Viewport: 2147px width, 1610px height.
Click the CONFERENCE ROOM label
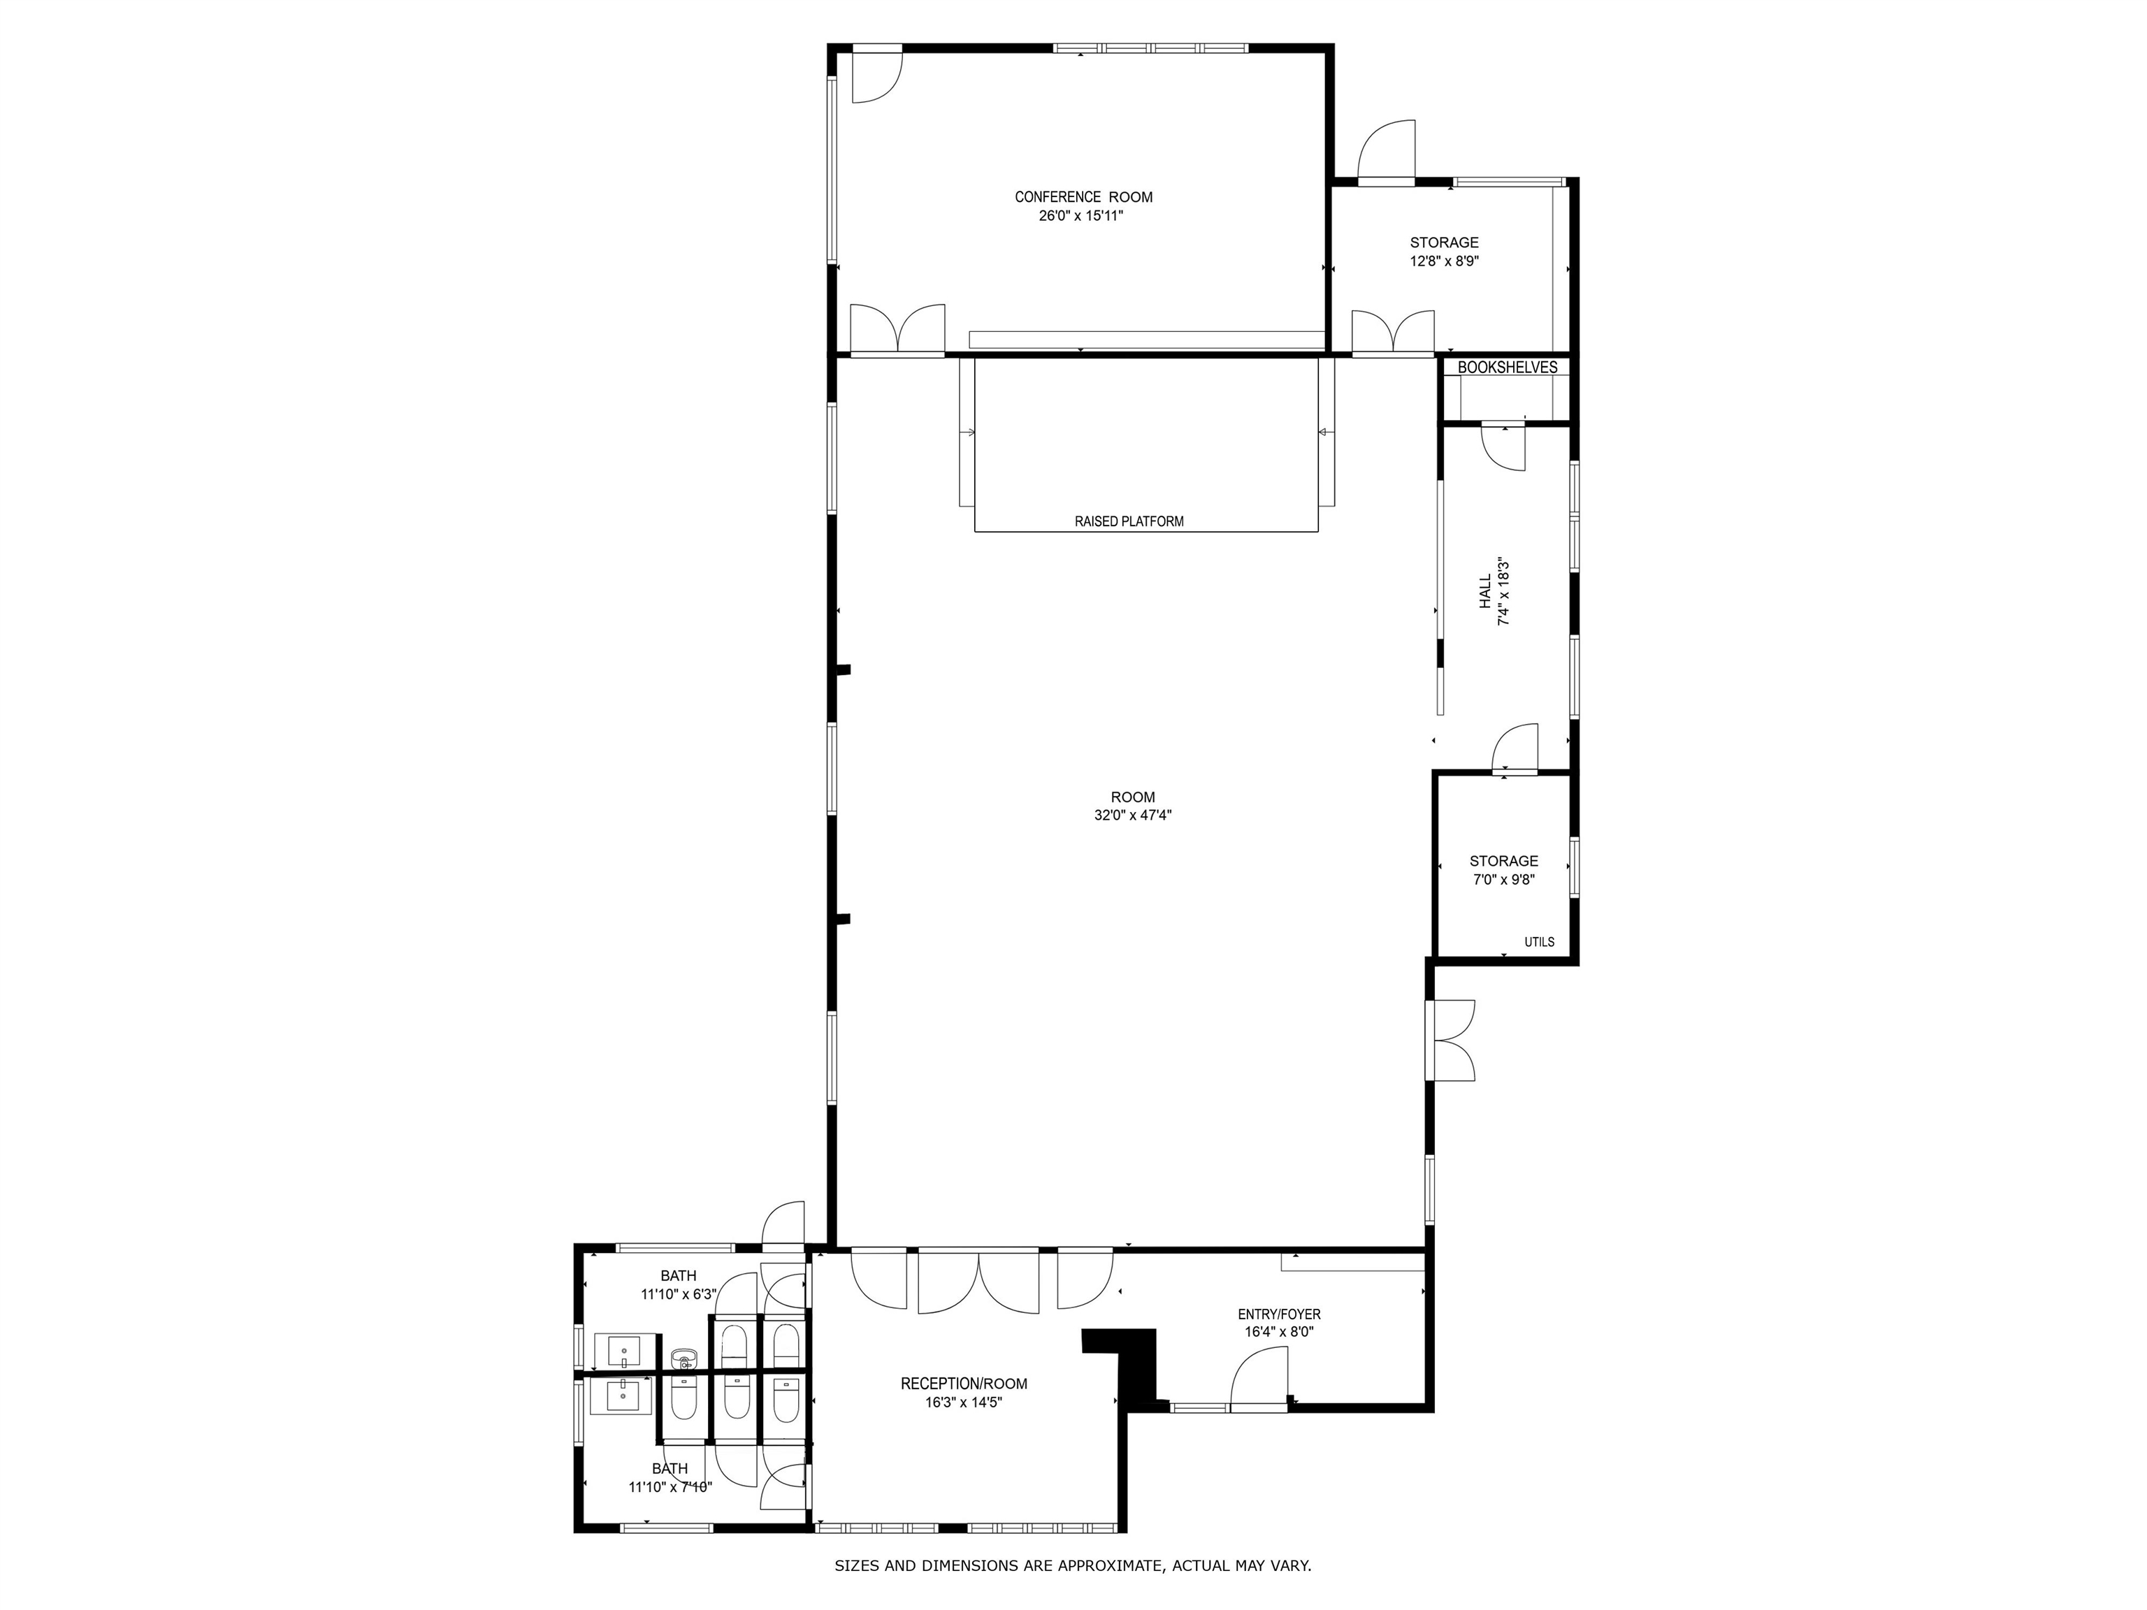(x=1083, y=197)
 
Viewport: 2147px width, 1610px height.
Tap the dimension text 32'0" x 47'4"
(x=1133, y=816)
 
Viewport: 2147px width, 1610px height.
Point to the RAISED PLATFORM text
(x=1129, y=521)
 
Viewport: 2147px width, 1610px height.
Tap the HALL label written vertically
(x=1485, y=591)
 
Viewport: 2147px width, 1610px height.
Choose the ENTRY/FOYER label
(x=1278, y=1314)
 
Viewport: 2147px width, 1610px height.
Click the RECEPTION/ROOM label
(x=963, y=1384)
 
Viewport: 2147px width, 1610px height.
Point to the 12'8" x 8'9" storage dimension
(x=1445, y=261)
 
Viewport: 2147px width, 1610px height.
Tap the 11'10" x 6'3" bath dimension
(x=677, y=1293)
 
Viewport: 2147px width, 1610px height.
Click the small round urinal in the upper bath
(x=684, y=1357)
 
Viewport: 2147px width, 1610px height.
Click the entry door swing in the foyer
(x=1260, y=1383)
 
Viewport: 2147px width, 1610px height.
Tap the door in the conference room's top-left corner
(x=876, y=75)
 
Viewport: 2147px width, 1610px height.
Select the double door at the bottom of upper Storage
(x=1393, y=332)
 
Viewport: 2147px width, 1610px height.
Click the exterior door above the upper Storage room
(x=1387, y=152)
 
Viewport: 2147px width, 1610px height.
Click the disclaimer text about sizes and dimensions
(x=1073, y=1565)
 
